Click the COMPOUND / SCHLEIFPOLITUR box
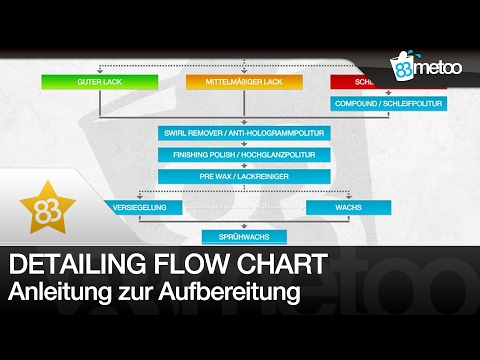[388, 103]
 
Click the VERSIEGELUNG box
[143, 207]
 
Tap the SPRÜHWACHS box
[231, 237]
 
